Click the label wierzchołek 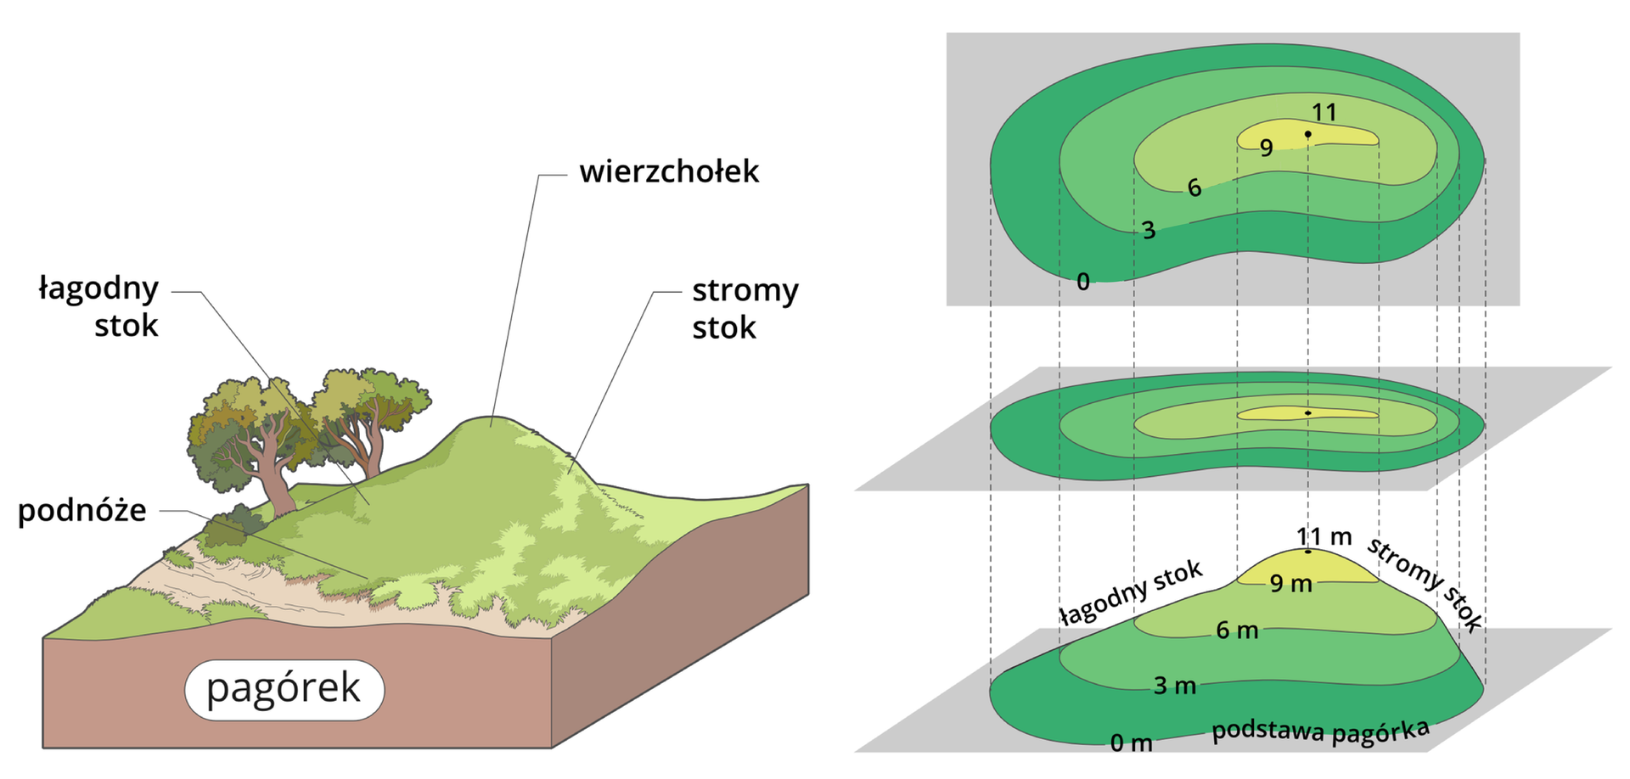[x=669, y=172]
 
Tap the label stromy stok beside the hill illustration [x=744, y=309]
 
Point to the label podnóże [x=82, y=511]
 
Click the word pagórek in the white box [x=284, y=688]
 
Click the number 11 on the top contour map [x=1324, y=112]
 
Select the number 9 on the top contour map [x=1266, y=149]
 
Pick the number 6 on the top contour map [x=1194, y=188]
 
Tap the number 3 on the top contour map [x=1149, y=230]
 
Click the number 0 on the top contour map [x=1083, y=282]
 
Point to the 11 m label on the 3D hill [x=1324, y=536]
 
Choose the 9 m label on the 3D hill [x=1291, y=584]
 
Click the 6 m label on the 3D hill [x=1237, y=630]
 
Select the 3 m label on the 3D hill [x=1175, y=686]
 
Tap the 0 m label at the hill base [x=1132, y=743]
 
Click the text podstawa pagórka [x=1320, y=731]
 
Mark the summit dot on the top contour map [x=1308, y=134]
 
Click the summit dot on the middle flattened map [x=1308, y=413]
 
